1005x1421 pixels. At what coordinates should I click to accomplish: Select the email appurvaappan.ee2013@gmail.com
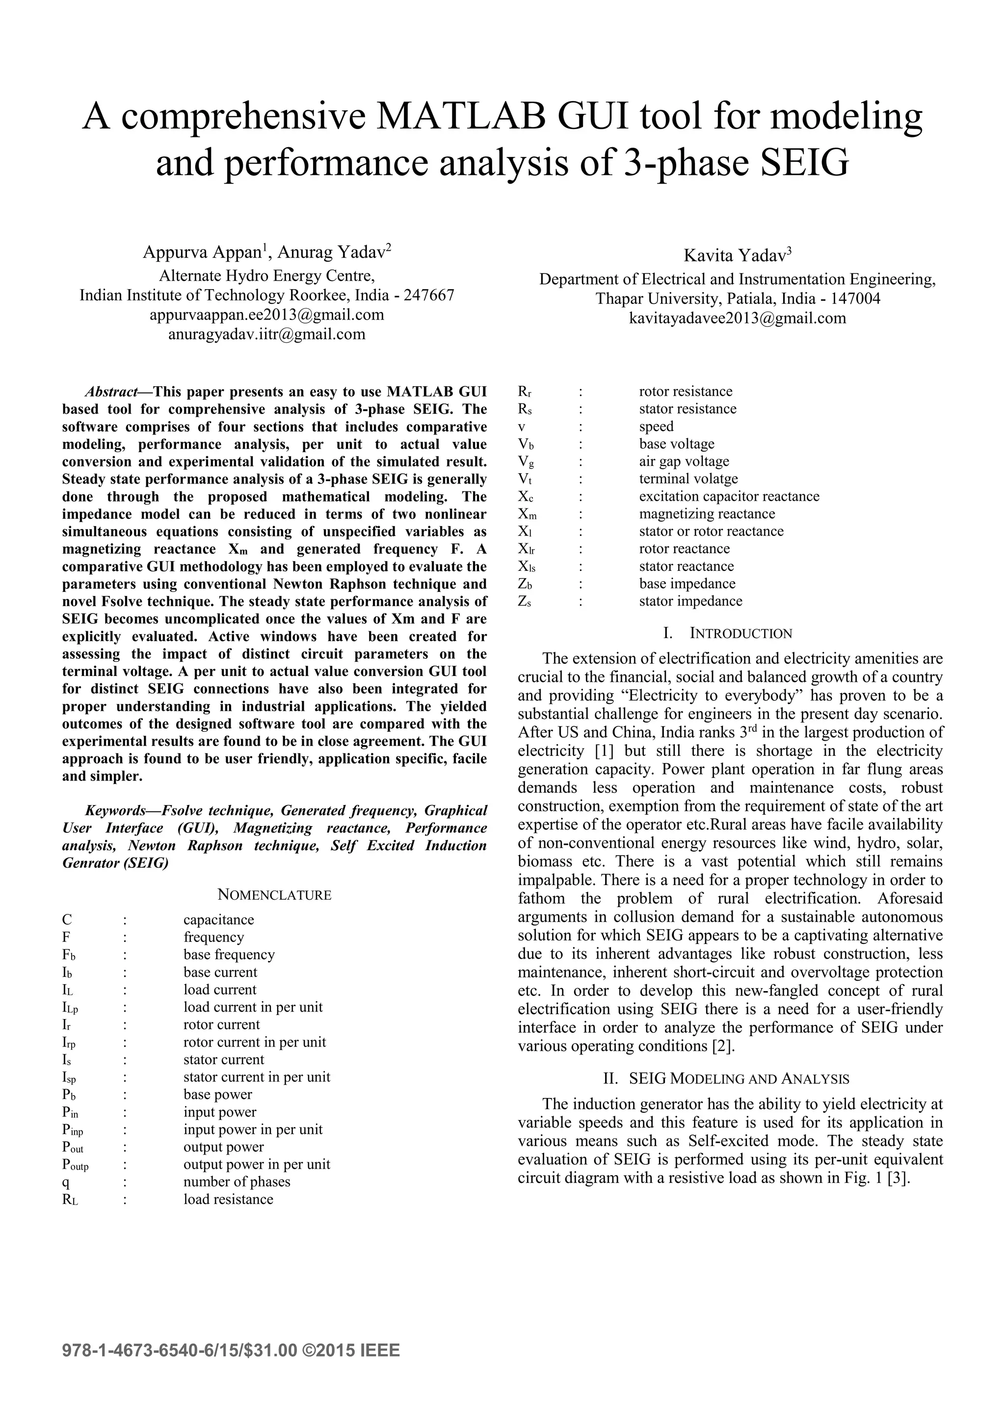point(267,315)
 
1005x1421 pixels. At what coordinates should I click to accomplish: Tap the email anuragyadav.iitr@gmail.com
point(267,334)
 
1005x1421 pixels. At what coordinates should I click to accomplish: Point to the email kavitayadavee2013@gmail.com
point(737,318)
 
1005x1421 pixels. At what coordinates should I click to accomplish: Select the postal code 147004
point(855,299)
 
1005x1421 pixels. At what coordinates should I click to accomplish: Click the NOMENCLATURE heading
point(274,895)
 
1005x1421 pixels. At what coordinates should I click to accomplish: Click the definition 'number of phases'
point(237,1181)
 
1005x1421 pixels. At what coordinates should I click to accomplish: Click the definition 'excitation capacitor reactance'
point(729,496)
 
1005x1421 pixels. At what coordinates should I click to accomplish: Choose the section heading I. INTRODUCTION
point(727,633)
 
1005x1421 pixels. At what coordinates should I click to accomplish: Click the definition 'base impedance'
point(687,584)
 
